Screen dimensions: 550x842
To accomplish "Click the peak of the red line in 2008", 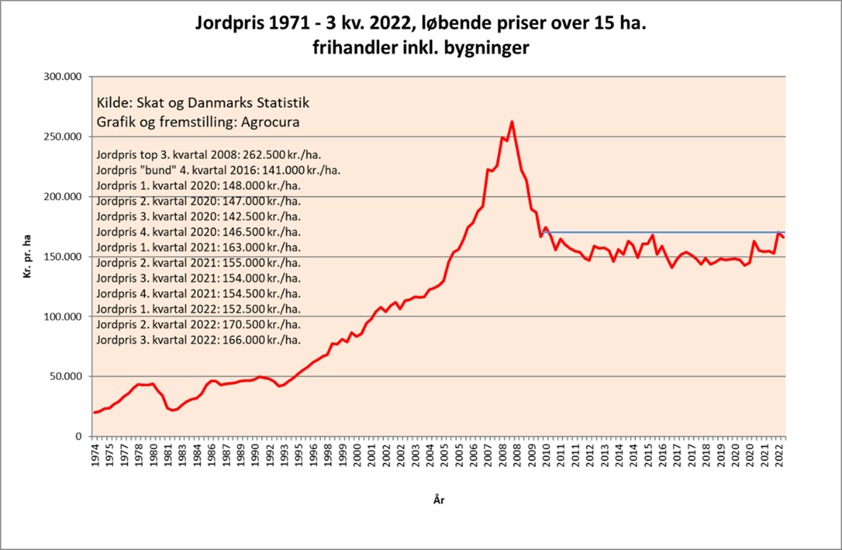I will (x=512, y=122).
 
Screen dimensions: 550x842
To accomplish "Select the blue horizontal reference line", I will (x=662, y=232).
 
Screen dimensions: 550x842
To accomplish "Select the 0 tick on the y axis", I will (x=79, y=437).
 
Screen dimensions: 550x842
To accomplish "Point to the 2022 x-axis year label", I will (x=780, y=455).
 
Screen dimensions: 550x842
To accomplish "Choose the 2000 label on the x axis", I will (x=357, y=455).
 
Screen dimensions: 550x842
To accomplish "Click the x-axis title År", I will (x=438, y=500).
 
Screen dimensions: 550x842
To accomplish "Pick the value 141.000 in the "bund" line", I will (x=266, y=170).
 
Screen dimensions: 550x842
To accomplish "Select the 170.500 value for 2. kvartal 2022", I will (x=245, y=325).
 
